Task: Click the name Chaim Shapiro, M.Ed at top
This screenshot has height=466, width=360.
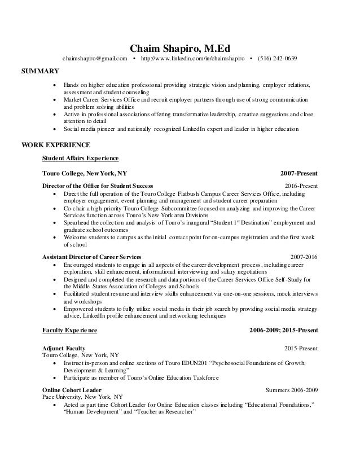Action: (180, 47)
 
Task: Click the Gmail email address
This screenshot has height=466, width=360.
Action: (95, 59)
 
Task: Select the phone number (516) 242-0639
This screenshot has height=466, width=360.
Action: (277, 59)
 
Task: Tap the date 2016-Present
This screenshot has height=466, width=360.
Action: (301, 186)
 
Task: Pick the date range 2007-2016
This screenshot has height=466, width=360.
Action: (303, 257)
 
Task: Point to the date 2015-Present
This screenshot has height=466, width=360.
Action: (301, 348)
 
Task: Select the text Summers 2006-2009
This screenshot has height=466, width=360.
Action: (291, 390)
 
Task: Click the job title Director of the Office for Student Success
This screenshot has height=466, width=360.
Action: (98, 186)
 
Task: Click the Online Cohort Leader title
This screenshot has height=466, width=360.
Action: (72, 390)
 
